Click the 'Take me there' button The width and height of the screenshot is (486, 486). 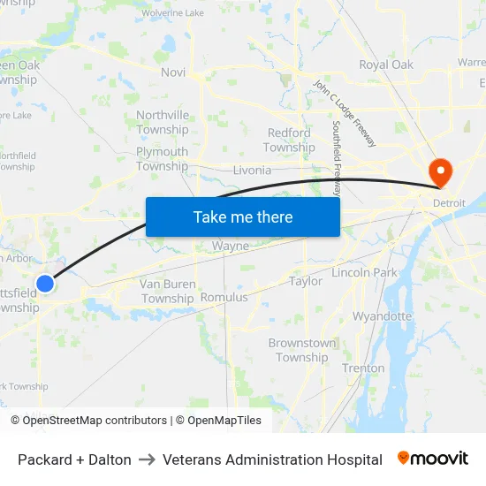click(x=243, y=216)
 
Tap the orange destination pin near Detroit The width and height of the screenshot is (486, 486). click(x=439, y=171)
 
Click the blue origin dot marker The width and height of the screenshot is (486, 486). click(x=45, y=284)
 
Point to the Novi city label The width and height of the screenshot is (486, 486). click(x=173, y=72)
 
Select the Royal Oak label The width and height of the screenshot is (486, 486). click(x=386, y=65)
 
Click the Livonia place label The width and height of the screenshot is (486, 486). click(x=252, y=170)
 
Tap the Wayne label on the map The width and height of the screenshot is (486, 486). click(x=230, y=247)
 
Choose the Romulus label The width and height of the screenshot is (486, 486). click(x=224, y=298)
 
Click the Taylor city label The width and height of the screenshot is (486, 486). click(x=306, y=281)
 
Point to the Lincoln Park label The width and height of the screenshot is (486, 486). click(x=365, y=273)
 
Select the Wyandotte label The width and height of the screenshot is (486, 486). click(x=382, y=315)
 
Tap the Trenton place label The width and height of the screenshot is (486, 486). click(x=363, y=368)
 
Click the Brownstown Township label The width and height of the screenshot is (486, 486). click(x=302, y=350)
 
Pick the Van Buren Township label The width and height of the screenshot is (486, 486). click(x=168, y=291)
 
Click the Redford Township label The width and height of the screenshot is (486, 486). click(x=289, y=140)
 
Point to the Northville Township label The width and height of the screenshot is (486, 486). click(x=163, y=122)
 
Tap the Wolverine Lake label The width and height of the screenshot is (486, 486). click(x=172, y=13)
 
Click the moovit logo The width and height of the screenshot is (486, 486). click(x=433, y=459)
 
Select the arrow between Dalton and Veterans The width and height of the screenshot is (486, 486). click(x=147, y=459)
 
